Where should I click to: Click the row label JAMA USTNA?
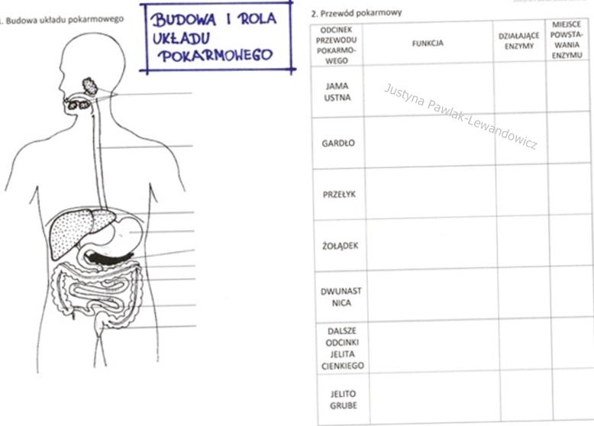coord(337,92)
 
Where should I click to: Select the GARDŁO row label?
coord(338,143)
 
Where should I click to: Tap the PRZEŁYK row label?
coord(339,194)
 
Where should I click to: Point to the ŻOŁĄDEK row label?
coord(341,246)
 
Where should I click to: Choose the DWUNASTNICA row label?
coord(341,297)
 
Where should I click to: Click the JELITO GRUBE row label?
coord(344,399)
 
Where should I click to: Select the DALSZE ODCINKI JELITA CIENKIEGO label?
coord(343,348)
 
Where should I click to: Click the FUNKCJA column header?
coord(428,44)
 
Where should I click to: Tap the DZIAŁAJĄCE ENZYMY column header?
coord(518,41)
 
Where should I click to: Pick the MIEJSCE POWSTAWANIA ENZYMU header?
coord(567,40)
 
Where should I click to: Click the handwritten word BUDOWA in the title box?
coord(184,20)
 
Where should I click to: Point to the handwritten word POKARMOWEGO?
coord(215,56)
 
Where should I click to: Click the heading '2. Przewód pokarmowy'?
coord(356,13)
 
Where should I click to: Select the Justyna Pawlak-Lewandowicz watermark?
coord(460,116)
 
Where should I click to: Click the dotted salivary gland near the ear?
coord(90,86)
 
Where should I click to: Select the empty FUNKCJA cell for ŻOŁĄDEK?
coord(431,244)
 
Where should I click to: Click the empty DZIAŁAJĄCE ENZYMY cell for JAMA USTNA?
coord(520,89)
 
